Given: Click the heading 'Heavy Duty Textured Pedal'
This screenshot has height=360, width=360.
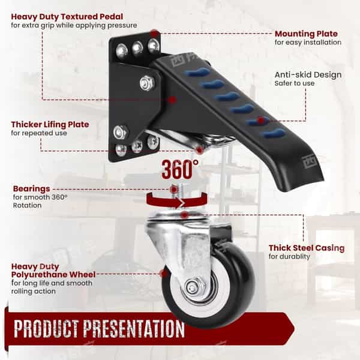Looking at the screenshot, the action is [x=67, y=17].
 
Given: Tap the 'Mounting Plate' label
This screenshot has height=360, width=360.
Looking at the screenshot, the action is [x=306, y=34].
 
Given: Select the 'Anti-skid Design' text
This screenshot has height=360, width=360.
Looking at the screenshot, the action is [x=308, y=75].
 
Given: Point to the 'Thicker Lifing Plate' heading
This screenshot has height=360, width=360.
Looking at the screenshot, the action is [x=50, y=124].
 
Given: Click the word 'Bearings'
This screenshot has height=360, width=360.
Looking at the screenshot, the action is [x=31, y=189].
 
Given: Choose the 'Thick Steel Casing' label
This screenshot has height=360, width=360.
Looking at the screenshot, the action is [x=307, y=248].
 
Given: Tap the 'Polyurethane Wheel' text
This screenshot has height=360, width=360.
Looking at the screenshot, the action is [x=53, y=275].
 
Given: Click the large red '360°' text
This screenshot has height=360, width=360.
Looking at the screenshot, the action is [x=180, y=169].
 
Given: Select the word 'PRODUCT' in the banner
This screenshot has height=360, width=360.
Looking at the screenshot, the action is [x=46, y=328].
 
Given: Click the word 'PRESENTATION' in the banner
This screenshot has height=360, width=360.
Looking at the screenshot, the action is [x=134, y=329].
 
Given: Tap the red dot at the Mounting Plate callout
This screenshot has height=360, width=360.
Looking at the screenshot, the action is [x=155, y=34].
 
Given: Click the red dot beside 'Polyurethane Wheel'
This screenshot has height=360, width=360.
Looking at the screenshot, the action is [x=164, y=274].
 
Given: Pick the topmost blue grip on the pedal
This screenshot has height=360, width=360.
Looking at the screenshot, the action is [x=196, y=72].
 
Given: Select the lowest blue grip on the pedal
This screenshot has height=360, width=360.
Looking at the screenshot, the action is [x=274, y=133].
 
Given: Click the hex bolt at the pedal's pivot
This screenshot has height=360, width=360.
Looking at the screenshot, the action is [x=147, y=83].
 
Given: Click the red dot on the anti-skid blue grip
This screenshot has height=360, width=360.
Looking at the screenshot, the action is [x=260, y=120].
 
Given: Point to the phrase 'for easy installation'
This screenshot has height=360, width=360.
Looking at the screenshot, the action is [x=308, y=42].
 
